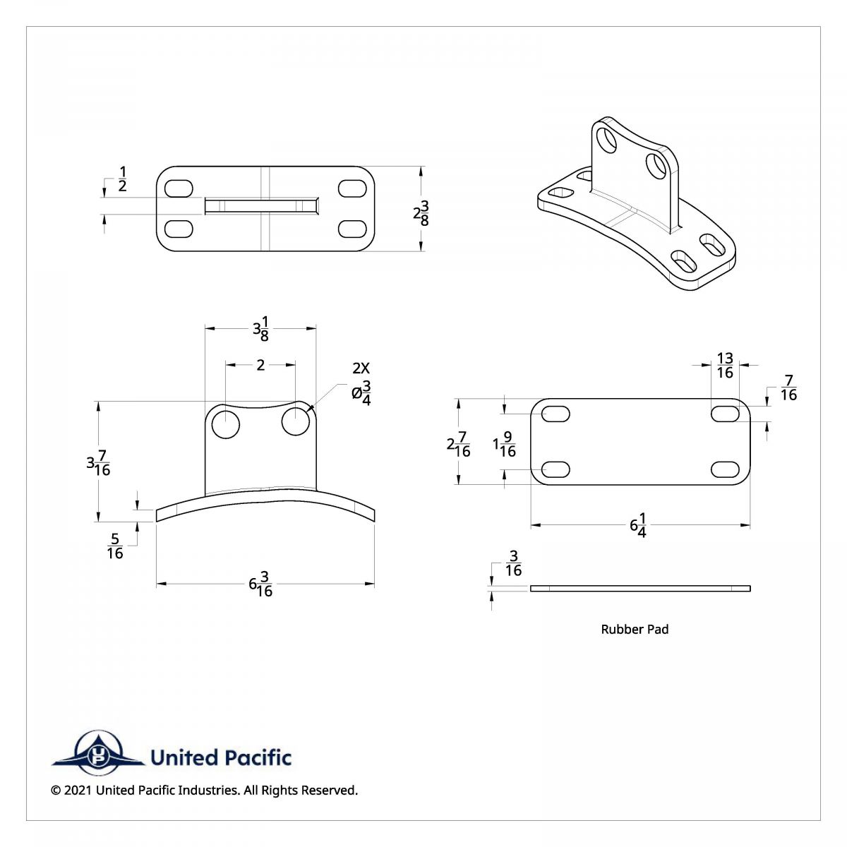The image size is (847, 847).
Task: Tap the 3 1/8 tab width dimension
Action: [260, 330]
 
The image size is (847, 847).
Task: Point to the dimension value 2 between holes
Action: [260, 365]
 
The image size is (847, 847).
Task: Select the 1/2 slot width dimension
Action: [122, 179]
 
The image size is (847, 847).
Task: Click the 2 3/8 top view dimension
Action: [421, 212]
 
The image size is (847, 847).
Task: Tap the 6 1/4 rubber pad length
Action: [639, 527]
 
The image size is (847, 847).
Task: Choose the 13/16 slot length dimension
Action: [725, 365]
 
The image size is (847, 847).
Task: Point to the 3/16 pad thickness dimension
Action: [513, 565]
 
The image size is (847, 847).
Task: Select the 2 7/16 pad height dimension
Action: [458, 444]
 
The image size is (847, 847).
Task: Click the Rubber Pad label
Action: [635, 629]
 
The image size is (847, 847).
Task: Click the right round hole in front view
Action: [295, 422]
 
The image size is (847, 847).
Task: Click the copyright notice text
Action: [205, 790]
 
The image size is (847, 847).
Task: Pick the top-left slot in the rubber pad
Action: [556, 414]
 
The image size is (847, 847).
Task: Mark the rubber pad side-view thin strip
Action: [640, 588]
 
